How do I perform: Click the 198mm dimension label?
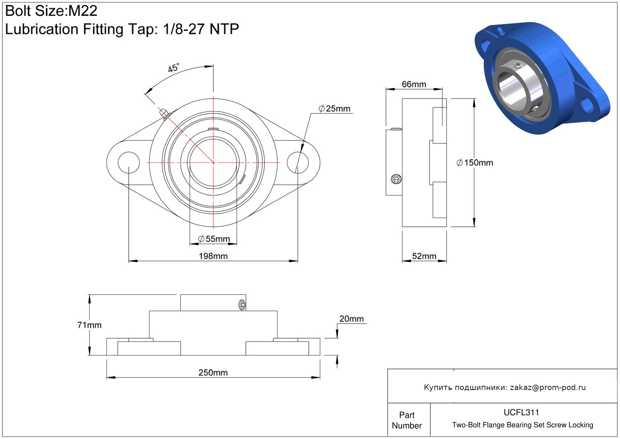point(213,256)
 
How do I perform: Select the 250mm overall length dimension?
point(213,373)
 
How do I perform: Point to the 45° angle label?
point(174,67)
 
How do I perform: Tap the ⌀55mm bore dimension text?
point(214,239)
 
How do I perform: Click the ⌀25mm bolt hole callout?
point(334,109)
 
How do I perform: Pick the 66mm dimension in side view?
point(414,84)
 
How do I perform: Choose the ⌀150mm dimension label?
point(475,163)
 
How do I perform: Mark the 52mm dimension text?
point(424,256)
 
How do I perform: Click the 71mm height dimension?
point(89,325)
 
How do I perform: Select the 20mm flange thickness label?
point(352,319)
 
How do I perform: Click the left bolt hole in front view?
point(129,163)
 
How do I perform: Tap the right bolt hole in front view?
point(298,163)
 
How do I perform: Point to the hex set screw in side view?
point(396,179)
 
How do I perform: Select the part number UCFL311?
point(521,413)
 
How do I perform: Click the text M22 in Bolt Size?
point(83,11)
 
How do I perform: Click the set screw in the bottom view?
point(242,305)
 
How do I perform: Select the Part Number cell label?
point(407,420)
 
